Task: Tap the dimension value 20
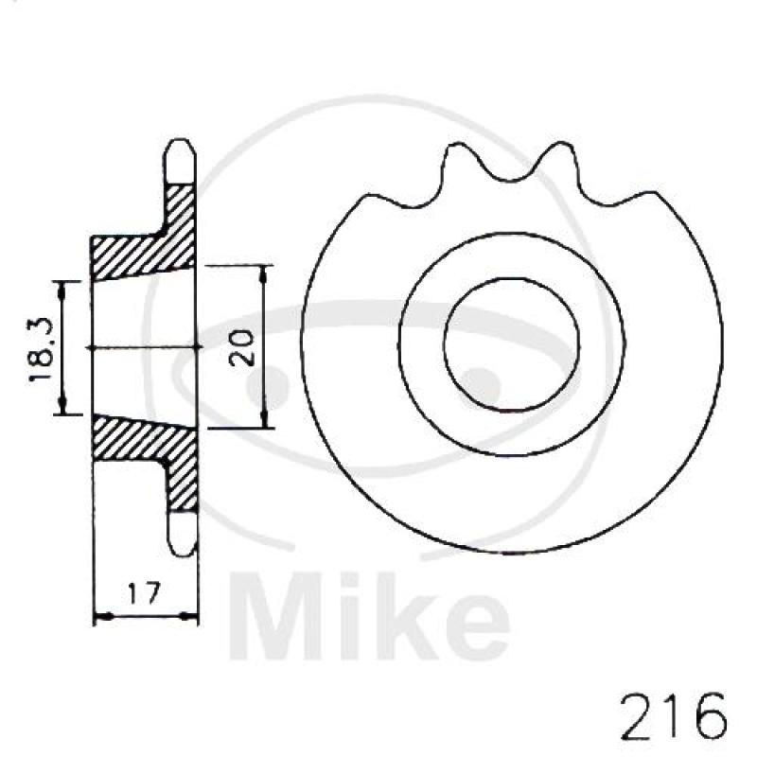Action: tap(242, 347)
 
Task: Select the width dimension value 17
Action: tap(144, 593)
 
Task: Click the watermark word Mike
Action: tap(369, 617)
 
